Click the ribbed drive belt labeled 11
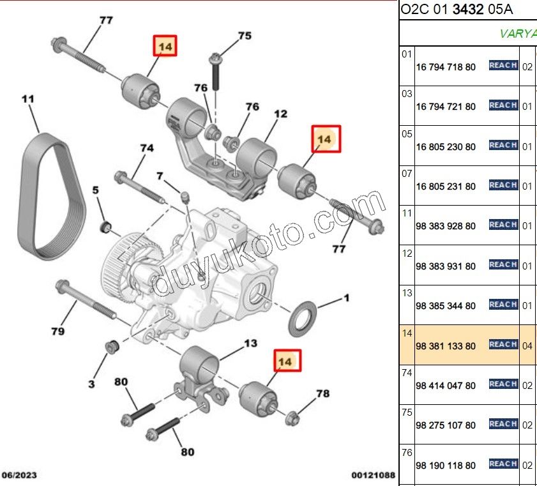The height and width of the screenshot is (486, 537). point(51,196)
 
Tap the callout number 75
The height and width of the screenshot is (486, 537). point(245,36)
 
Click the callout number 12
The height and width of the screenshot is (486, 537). point(280,114)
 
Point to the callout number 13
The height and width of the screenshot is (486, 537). point(251,343)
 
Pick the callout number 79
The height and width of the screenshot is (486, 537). point(58,331)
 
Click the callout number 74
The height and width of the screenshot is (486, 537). point(147,148)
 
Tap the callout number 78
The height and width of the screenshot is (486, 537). point(323,393)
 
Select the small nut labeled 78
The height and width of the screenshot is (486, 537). point(292,418)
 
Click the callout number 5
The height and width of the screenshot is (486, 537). point(96,190)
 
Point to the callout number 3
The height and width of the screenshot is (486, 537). point(91,384)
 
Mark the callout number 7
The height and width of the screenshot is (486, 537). point(160,176)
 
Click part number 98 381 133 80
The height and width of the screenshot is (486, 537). point(446,346)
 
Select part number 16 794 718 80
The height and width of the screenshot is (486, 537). point(446,67)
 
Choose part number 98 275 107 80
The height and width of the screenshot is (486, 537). point(446,425)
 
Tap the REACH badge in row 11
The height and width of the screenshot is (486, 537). point(503,225)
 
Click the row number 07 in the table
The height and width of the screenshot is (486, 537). point(407,174)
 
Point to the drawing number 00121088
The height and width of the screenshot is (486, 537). point(374,475)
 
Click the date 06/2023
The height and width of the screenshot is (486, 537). point(19,475)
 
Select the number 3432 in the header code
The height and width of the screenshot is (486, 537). point(468,9)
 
